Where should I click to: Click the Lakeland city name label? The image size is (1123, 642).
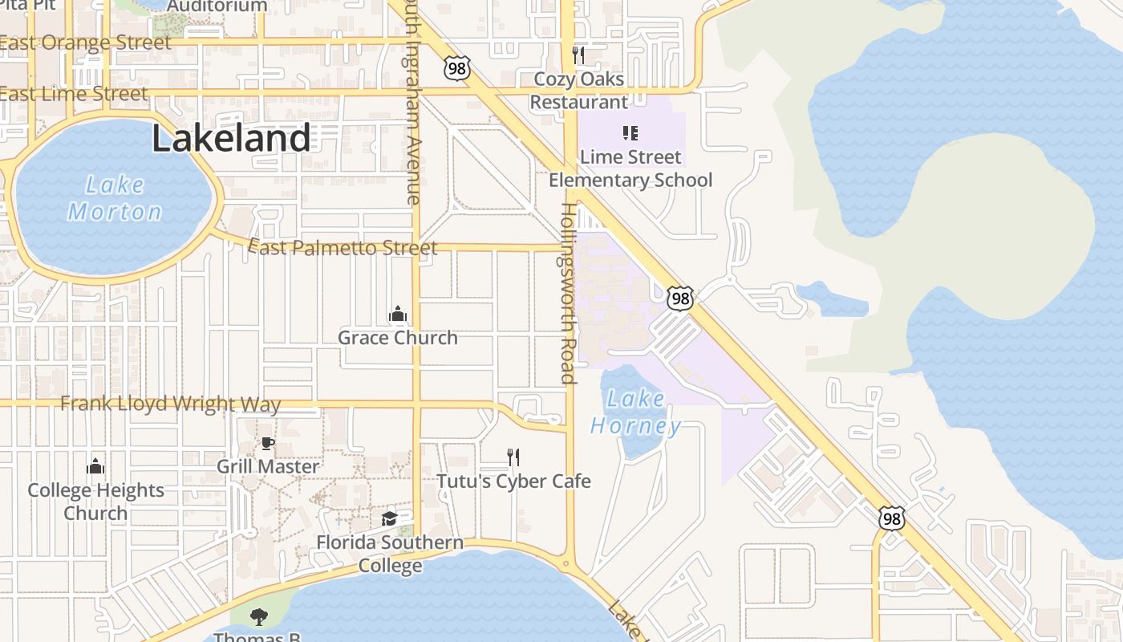click(231, 139)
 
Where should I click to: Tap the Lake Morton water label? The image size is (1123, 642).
click(115, 198)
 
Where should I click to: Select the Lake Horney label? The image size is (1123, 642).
click(636, 412)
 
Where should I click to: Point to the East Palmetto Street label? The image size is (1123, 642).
click(343, 247)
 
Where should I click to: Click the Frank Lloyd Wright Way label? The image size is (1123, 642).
click(170, 404)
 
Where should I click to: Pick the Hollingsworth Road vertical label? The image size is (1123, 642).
click(568, 293)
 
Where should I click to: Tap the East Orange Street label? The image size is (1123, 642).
click(85, 43)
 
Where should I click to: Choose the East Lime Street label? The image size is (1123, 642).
click(74, 94)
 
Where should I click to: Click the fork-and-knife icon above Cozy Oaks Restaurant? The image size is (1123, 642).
click(578, 55)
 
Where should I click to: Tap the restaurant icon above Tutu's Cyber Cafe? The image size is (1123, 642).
click(513, 457)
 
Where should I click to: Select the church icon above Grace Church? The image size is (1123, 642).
click(397, 314)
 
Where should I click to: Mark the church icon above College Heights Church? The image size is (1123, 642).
click(95, 466)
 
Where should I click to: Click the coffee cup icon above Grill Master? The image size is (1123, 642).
click(268, 443)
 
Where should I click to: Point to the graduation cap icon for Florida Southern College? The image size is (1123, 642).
click(389, 518)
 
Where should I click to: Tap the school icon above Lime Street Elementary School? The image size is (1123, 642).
click(630, 132)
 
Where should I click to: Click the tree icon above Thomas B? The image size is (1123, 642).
click(258, 616)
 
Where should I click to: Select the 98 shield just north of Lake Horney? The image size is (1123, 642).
click(679, 299)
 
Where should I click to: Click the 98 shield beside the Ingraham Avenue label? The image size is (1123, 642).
click(456, 68)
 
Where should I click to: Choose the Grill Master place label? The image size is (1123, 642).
click(268, 466)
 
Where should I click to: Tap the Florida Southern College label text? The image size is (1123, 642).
click(390, 554)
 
